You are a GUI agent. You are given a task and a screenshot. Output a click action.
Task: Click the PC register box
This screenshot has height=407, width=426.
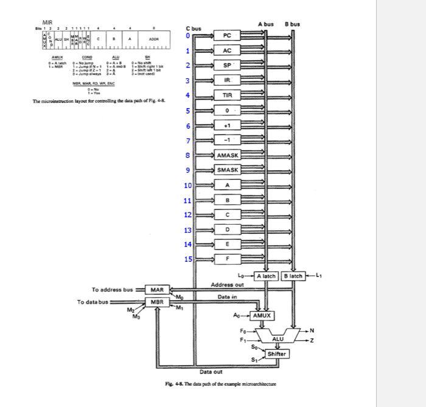(x=227, y=36)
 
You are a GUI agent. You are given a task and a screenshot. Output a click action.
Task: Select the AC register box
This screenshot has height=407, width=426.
(x=227, y=50)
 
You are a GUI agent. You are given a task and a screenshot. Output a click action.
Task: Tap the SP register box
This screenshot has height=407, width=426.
(x=227, y=66)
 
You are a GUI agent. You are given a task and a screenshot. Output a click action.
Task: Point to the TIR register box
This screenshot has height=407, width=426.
(x=227, y=95)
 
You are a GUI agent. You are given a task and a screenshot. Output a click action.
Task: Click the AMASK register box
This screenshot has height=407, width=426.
(x=228, y=156)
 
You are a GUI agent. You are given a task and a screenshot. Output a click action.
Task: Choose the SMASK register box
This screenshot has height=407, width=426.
(x=228, y=170)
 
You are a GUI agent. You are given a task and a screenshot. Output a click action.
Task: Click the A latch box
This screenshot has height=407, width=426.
(x=265, y=276)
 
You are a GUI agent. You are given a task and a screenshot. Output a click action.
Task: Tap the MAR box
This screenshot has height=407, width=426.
(x=157, y=290)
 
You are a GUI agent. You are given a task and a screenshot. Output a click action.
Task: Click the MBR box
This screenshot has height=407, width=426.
(x=157, y=302)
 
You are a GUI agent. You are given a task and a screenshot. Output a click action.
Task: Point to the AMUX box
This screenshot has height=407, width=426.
(x=262, y=316)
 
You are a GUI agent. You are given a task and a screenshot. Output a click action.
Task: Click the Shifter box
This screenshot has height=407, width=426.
(x=277, y=354)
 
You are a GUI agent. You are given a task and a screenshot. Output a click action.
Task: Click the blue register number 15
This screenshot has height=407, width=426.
(x=188, y=260)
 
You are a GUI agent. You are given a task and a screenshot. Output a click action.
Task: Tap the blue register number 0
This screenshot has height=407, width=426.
(x=188, y=36)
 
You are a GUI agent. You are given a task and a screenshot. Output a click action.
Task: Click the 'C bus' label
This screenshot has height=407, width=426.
(x=194, y=28)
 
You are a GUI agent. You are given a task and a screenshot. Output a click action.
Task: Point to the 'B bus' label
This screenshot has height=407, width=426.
(x=292, y=24)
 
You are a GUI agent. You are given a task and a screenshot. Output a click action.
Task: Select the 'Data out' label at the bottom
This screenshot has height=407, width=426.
(x=211, y=372)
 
